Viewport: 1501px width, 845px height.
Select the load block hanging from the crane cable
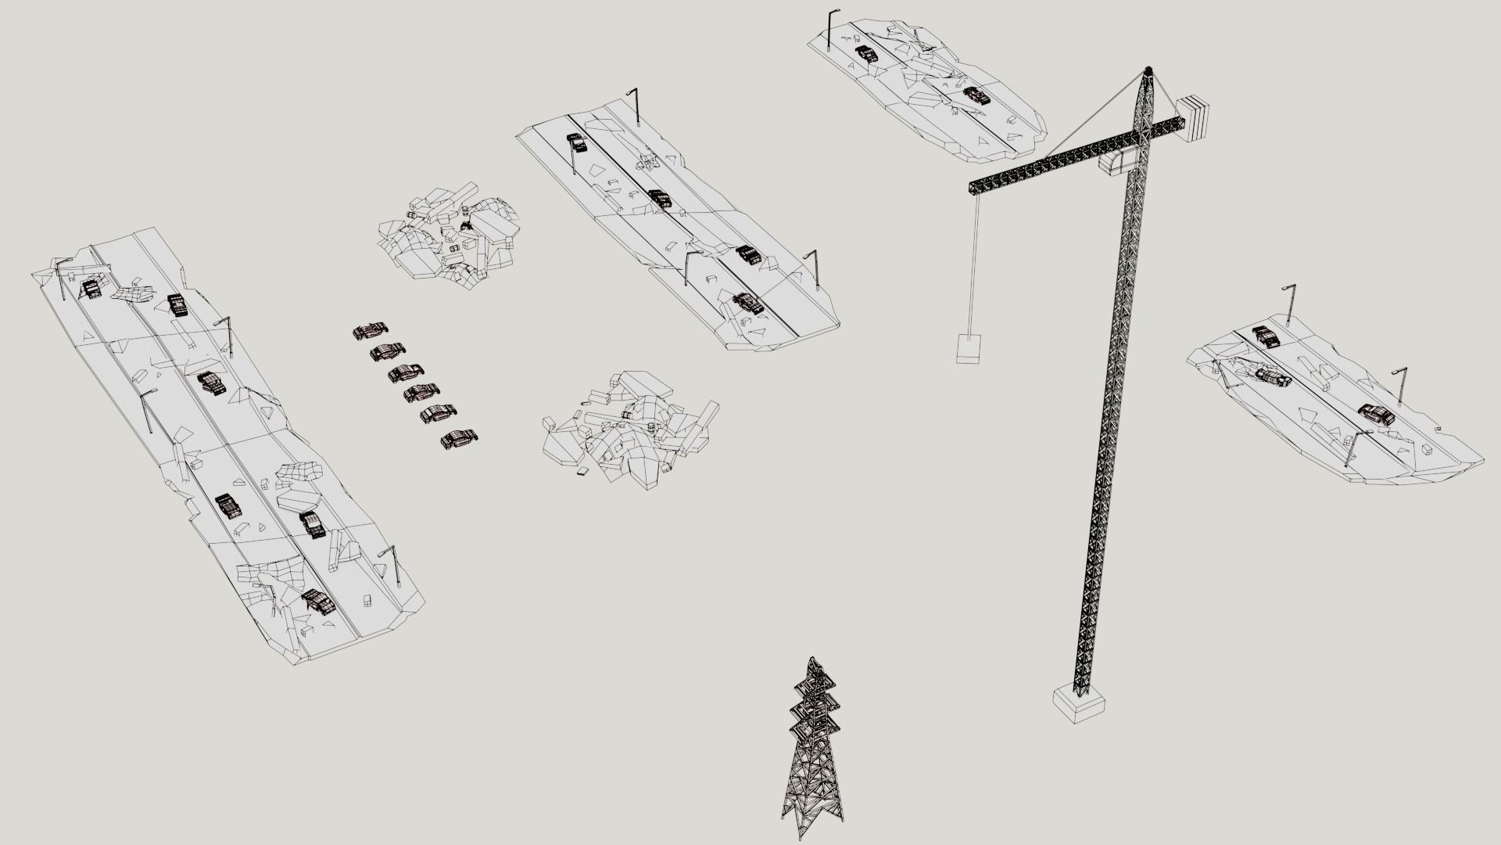[x=969, y=348]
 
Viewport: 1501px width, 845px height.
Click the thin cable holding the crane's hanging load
[x=973, y=266]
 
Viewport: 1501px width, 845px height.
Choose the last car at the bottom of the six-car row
[x=459, y=440]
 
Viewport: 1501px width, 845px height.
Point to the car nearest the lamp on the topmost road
[x=865, y=54]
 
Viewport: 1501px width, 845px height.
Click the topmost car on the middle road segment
[x=577, y=142]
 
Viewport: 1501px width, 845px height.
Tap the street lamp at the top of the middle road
[x=635, y=106]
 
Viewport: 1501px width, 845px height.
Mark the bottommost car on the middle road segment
[x=748, y=304]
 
